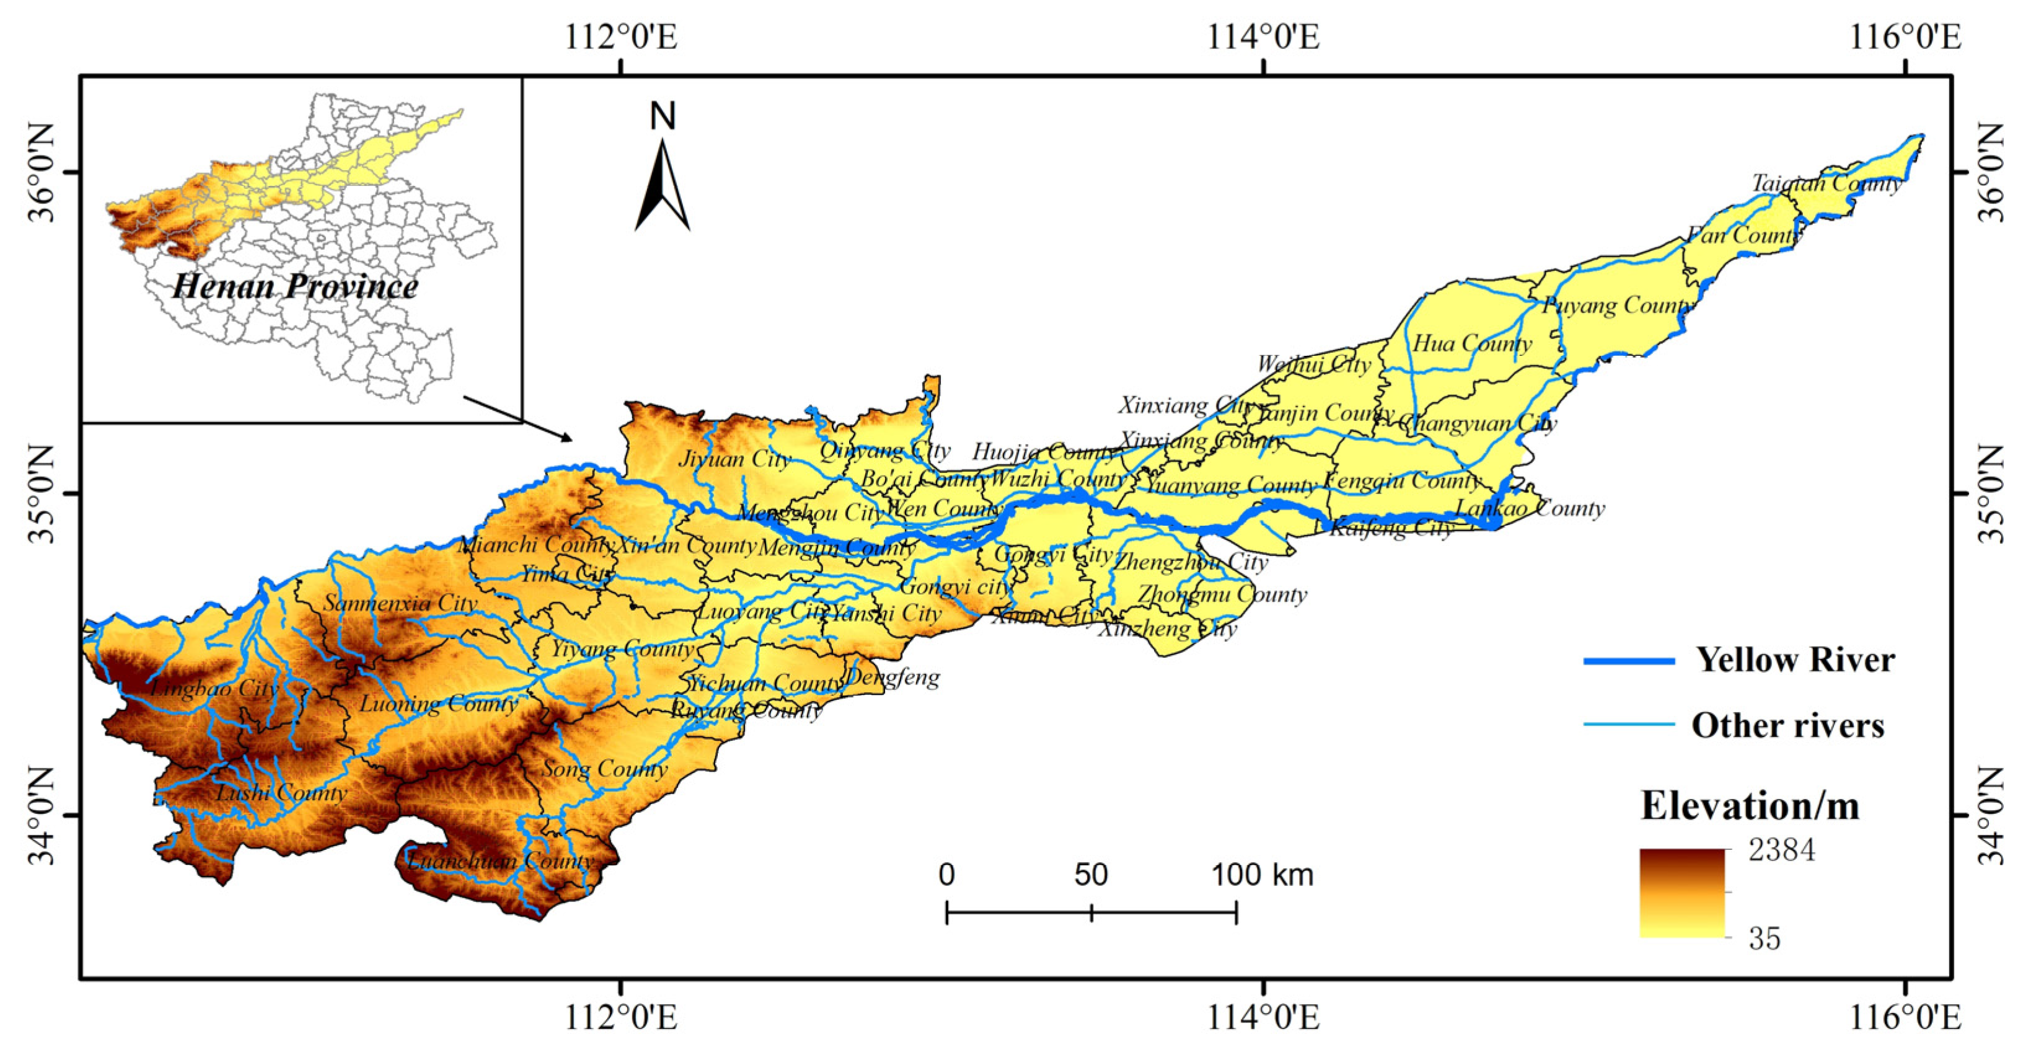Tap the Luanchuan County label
[x=500, y=861]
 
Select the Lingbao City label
[x=214, y=688]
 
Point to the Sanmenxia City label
[x=400, y=603]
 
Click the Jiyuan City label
[x=734, y=459]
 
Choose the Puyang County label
[x=1616, y=305]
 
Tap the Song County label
[x=605, y=768]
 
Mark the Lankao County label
[x=1530, y=508]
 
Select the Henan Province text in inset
[x=295, y=286]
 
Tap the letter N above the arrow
[x=663, y=117]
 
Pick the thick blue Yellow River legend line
[x=1629, y=661]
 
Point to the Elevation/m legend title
[x=1750, y=805]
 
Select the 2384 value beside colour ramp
[x=1782, y=850]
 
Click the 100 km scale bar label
[x=1262, y=875]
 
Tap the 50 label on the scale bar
[x=1091, y=875]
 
